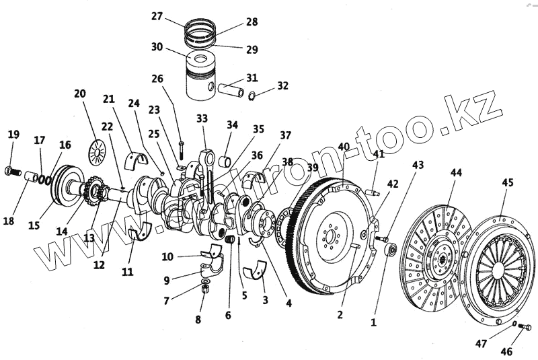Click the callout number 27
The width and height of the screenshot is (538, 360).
tap(157, 16)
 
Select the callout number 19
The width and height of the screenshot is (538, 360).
tap(13, 134)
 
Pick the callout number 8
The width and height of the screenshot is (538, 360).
tap(198, 320)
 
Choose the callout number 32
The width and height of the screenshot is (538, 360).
tap(282, 85)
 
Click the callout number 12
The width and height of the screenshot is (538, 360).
tap(99, 264)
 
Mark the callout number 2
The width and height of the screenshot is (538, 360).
tap(340, 314)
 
